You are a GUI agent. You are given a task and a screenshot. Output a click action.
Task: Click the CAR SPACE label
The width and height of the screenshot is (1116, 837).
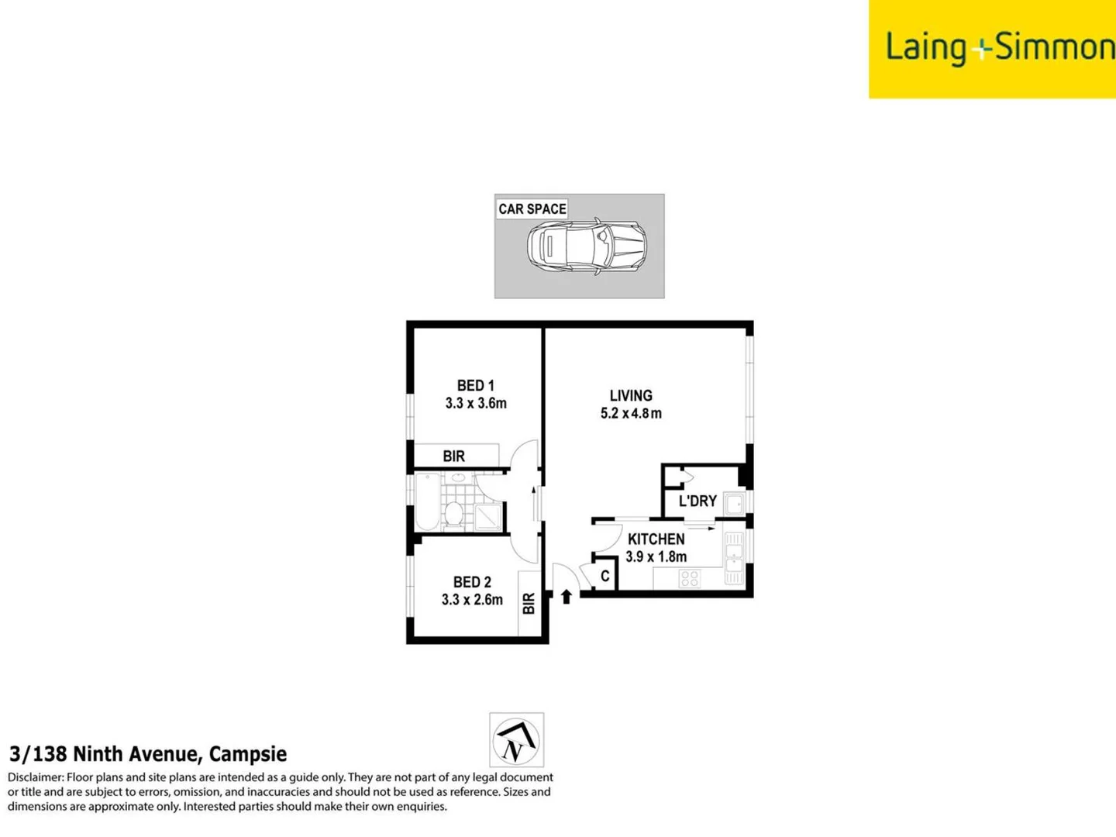tap(532, 209)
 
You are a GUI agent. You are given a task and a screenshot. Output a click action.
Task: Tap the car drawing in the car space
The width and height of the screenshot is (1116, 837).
tap(587, 246)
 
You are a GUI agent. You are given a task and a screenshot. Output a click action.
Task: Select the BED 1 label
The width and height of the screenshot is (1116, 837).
tap(475, 385)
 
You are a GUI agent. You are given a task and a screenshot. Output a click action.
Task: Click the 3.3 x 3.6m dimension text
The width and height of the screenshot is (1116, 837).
tap(476, 403)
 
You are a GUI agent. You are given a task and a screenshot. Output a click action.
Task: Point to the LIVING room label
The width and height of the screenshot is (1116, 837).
tap(631, 395)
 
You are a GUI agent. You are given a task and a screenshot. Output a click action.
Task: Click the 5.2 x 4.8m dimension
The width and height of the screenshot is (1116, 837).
tap(631, 413)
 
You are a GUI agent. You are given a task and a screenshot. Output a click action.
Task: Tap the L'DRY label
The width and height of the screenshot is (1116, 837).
tap(697, 501)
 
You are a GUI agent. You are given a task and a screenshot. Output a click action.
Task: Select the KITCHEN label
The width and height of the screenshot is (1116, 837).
tap(656, 539)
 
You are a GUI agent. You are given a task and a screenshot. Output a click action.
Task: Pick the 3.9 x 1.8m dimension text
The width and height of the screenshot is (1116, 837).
tap(656, 556)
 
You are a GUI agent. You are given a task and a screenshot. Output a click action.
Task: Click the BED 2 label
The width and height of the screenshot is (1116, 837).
tap(472, 582)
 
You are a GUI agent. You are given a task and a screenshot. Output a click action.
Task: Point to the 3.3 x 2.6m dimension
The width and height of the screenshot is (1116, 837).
tap(472, 600)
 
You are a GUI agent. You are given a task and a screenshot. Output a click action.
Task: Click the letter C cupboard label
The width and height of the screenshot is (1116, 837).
tap(605, 577)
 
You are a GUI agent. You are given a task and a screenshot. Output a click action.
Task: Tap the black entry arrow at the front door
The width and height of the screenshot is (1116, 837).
tap(567, 596)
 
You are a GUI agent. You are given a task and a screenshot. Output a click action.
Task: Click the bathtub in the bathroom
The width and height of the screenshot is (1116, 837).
tap(427, 501)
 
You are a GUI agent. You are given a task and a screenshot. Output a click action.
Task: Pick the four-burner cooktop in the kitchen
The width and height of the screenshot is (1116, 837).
tap(689, 578)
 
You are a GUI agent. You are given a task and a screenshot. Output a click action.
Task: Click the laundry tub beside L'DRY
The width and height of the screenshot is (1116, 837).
tap(734, 504)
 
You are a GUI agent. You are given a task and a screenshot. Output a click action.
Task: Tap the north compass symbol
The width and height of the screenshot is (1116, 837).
tap(516, 740)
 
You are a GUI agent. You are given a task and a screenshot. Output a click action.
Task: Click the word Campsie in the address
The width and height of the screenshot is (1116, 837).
tap(248, 754)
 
